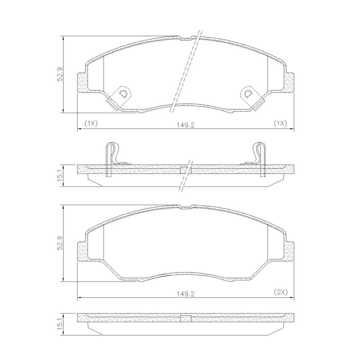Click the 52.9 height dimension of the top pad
click(60, 75)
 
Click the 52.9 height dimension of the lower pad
click(60, 243)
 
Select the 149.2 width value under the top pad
click(186, 125)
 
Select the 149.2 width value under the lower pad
click(186, 294)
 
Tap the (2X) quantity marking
click(280, 292)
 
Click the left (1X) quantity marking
click(91, 123)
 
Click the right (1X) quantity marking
click(280, 123)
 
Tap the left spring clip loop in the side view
click(112, 153)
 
